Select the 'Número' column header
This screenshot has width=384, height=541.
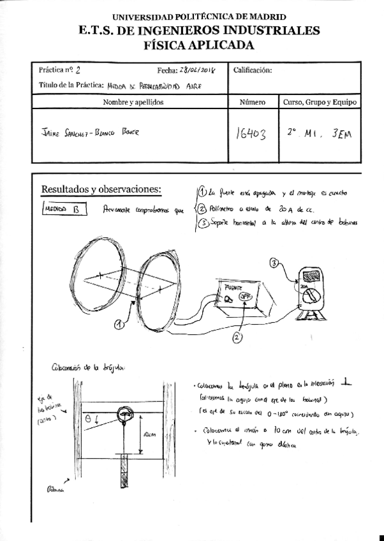(253, 102)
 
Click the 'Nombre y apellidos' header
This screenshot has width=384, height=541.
(133, 102)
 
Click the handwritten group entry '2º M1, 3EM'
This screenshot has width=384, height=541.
(319, 133)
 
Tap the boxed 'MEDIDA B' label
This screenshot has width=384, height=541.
(63, 209)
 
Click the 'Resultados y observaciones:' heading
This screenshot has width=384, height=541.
(101, 189)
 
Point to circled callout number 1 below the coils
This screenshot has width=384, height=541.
(119, 325)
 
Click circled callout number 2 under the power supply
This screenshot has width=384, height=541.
(236, 338)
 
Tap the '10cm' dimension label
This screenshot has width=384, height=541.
(148, 434)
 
